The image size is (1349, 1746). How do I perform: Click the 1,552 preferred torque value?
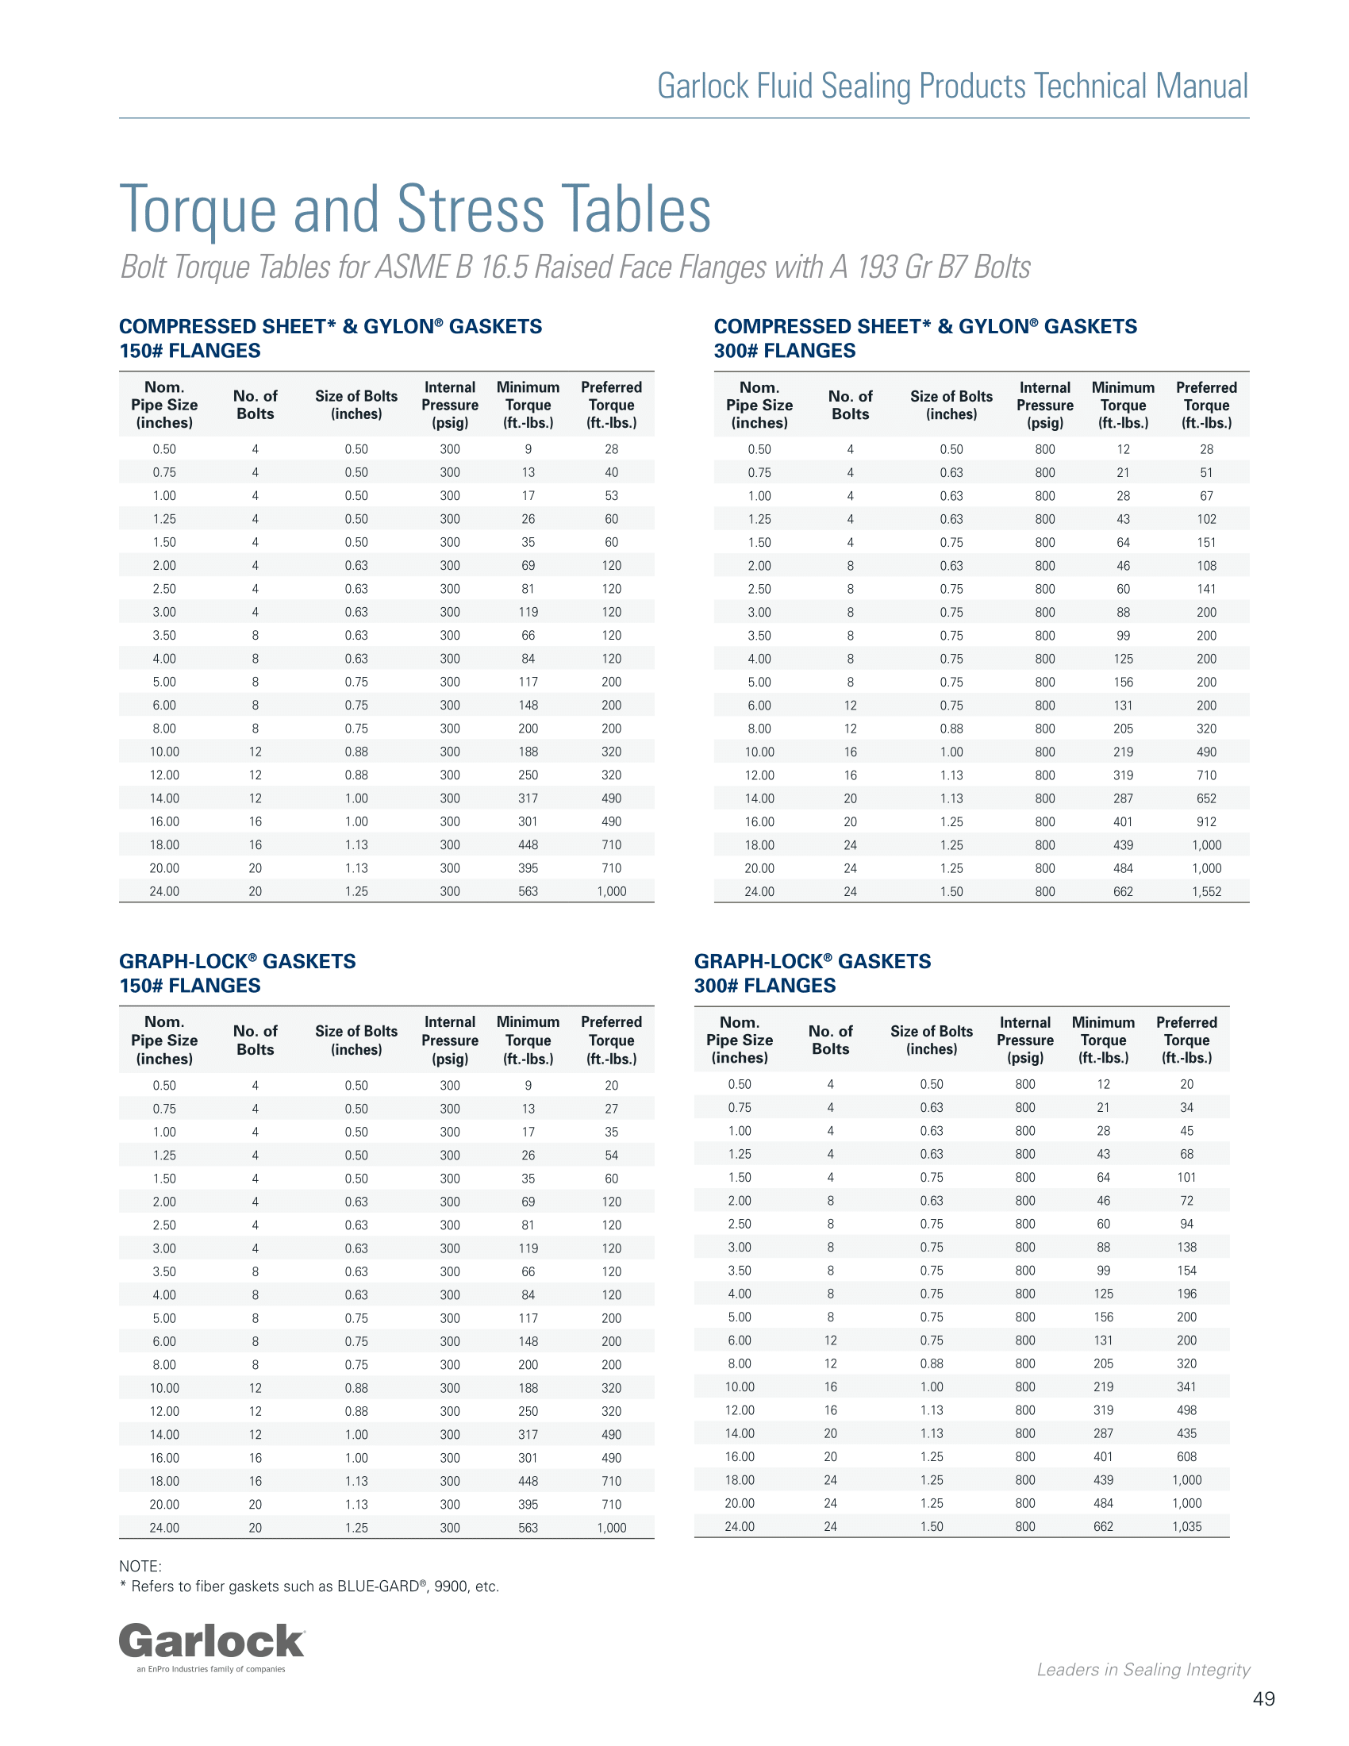tap(1206, 891)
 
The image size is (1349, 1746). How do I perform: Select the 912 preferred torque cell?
tap(1206, 822)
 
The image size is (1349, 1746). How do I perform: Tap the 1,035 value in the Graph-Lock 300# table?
tap(1187, 1526)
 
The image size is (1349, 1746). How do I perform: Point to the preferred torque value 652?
tap(1206, 798)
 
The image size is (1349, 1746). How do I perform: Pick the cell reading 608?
tap(1187, 1456)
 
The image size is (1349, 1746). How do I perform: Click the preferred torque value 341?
tap(1187, 1387)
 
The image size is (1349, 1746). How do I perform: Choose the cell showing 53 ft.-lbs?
tap(611, 496)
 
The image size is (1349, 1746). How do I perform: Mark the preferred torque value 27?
tap(611, 1109)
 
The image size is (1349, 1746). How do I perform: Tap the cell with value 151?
tap(1206, 542)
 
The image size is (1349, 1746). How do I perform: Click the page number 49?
tap(1263, 1699)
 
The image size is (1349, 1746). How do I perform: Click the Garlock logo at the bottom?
tap(212, 1645)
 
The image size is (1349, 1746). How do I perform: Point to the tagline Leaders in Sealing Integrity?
tap(1143, 1669)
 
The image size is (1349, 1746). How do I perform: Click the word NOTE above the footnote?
tap(140, 1566)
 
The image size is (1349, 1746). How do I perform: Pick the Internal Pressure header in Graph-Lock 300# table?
tap(1024, 1040)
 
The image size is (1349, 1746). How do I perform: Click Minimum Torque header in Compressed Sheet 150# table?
tap(528, 405)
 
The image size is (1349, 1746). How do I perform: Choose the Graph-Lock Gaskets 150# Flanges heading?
tap(237, 973)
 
